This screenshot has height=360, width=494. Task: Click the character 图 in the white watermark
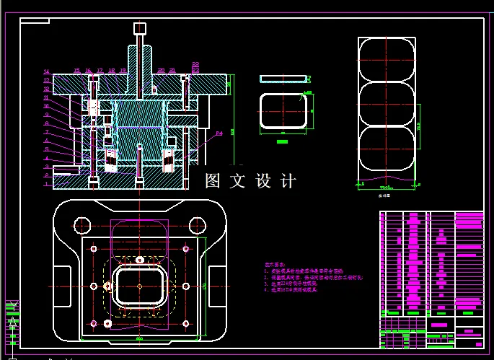(x=213, y=180)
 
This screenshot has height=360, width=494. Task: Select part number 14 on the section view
(x=46, y=72)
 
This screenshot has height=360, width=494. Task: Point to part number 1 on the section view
(x=46, y=184)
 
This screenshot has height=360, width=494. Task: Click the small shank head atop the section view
(x=139, y=28)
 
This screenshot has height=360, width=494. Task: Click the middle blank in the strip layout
(x=387, y=105)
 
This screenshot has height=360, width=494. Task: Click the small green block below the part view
(x=282, y=142)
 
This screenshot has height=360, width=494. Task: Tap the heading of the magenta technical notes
(x=276, y=266)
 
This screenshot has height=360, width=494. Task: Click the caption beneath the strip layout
(x=388, y=195)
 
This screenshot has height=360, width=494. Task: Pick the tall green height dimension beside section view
(x=233, y=130)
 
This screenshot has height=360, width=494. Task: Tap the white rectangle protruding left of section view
(x=66, y=170)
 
